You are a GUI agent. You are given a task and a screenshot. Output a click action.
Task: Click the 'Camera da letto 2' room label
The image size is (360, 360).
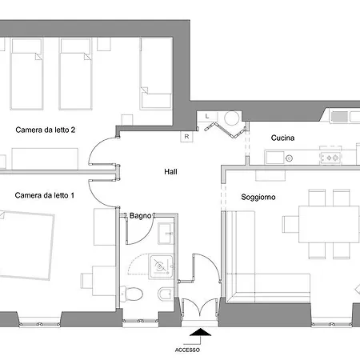(46, 130)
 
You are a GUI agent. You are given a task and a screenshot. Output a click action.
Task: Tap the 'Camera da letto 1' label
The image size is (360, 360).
(45, 195)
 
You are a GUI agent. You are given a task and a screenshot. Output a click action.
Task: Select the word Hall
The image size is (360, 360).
(170, 172)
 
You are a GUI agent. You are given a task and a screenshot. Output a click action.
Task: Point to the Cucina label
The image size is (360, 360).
(282, 138)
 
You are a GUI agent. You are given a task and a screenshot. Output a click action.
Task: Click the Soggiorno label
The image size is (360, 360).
(258, 197)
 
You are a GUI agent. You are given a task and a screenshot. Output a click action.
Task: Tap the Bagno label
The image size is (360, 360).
(140, 216)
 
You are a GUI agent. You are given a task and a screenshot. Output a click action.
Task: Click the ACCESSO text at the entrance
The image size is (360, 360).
(187, 350)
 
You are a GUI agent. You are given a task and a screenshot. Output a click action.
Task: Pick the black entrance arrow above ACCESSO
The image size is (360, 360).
(200, 332)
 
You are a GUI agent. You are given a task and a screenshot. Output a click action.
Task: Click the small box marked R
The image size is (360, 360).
(186, 137)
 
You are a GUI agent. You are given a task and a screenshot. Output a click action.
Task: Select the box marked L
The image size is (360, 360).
(207, 117)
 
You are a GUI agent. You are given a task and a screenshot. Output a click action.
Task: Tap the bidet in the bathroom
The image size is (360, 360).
(166, 294)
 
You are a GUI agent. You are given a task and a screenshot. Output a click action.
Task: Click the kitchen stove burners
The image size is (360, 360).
(331, 158)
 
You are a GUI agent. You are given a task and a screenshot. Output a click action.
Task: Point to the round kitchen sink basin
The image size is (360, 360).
(289, 158)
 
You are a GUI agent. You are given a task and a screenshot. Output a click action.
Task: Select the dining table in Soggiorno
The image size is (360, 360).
(329, 224)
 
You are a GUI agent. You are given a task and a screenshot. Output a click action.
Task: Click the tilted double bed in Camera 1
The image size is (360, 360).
(26, 246)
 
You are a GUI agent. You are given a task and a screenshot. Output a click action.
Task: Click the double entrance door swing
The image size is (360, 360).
(200, 309)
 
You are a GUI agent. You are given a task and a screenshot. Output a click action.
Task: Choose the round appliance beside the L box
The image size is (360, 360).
(231, 118)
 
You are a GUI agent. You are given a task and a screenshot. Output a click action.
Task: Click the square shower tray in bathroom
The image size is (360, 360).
(161, 266)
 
